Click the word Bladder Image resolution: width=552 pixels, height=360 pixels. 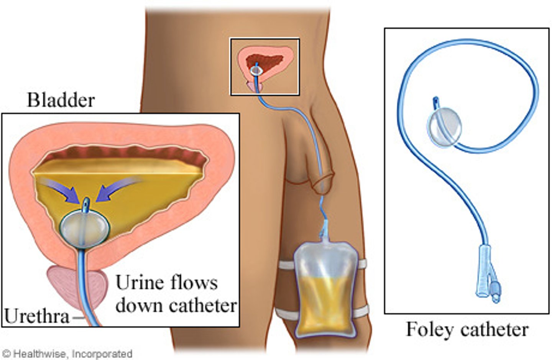pyautogui.click(x=61, y=100)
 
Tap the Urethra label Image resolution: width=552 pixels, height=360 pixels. pyautogui.click(x=37, y=317)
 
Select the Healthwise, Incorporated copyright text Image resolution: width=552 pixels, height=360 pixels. pyautogui.click(x=67, y=353)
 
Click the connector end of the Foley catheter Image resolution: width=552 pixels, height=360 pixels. pyautogui.click(x=487, y=276)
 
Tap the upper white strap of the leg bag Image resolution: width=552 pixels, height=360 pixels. pyautogui.click(x=285, y=265)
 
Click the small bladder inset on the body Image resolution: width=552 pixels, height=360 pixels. pyautogui.click(x=264, y=66)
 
